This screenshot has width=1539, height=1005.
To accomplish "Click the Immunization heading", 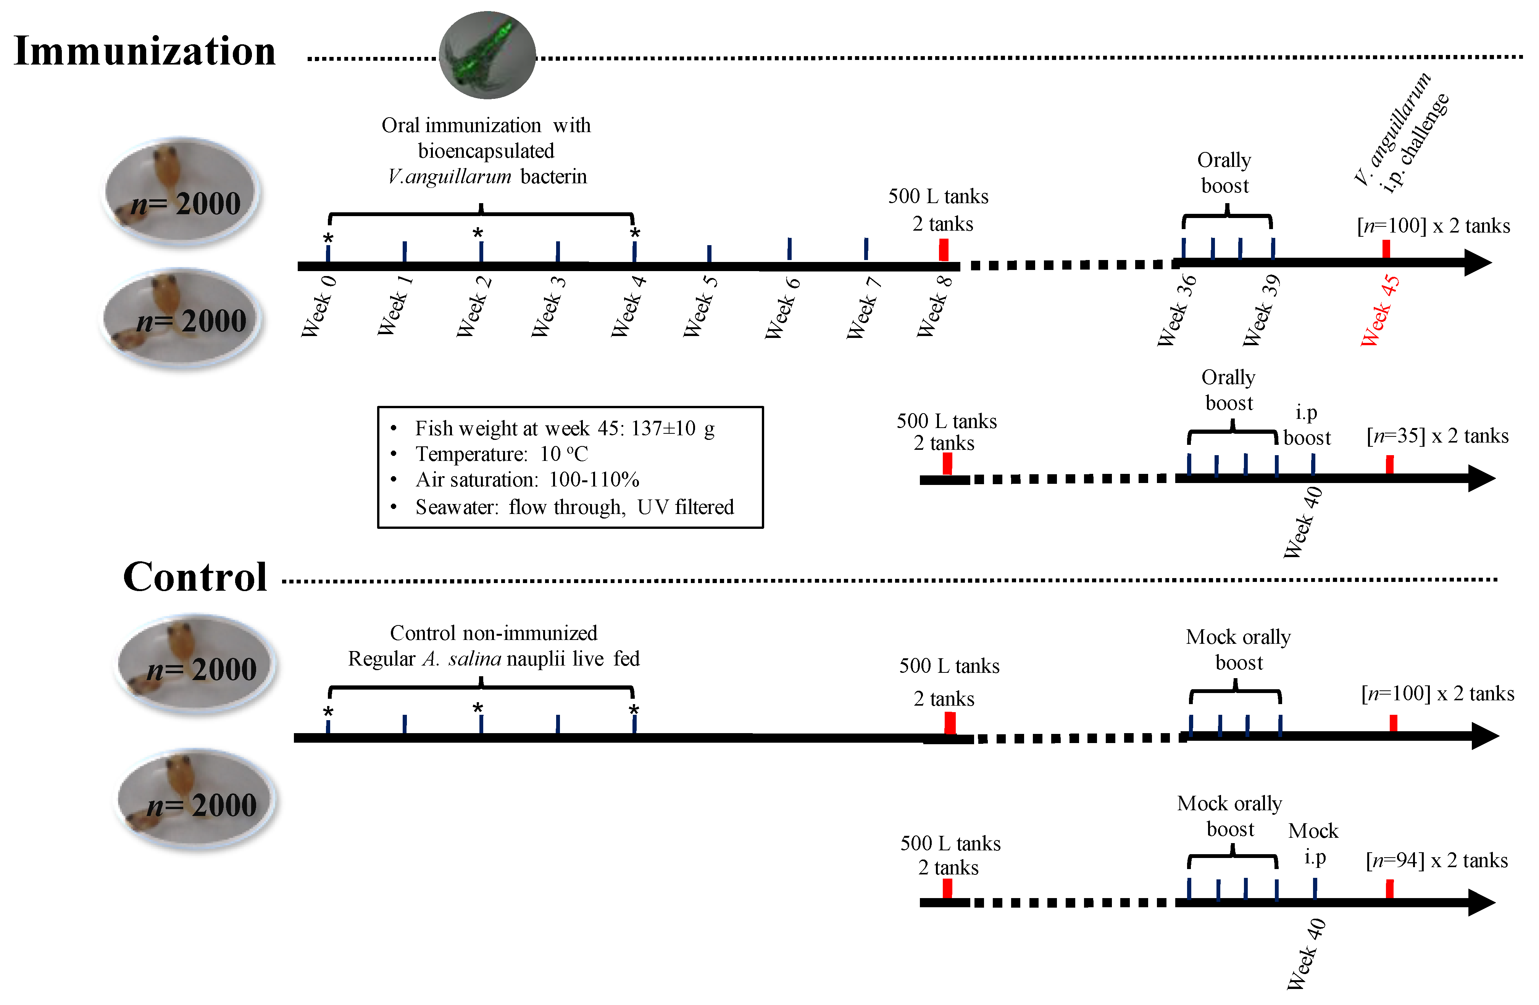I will [145, 51].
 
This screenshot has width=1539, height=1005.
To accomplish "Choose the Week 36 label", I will [1177, 310].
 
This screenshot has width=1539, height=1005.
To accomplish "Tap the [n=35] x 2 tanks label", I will [1437, 436].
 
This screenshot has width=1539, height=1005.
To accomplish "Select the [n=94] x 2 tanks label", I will [1436, 861].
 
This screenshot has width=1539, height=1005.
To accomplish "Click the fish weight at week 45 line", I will [565, 428].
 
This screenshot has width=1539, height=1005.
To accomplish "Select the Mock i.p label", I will [1313, 843].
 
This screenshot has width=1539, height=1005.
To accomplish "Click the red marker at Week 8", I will [944, 250].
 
